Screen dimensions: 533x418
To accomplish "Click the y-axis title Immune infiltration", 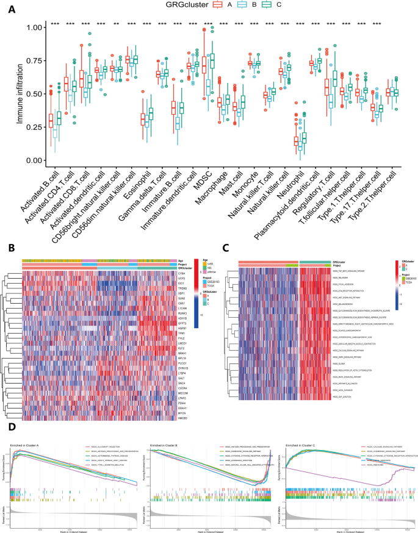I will [20, 94].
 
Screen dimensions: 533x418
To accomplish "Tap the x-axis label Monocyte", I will [248, 182].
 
